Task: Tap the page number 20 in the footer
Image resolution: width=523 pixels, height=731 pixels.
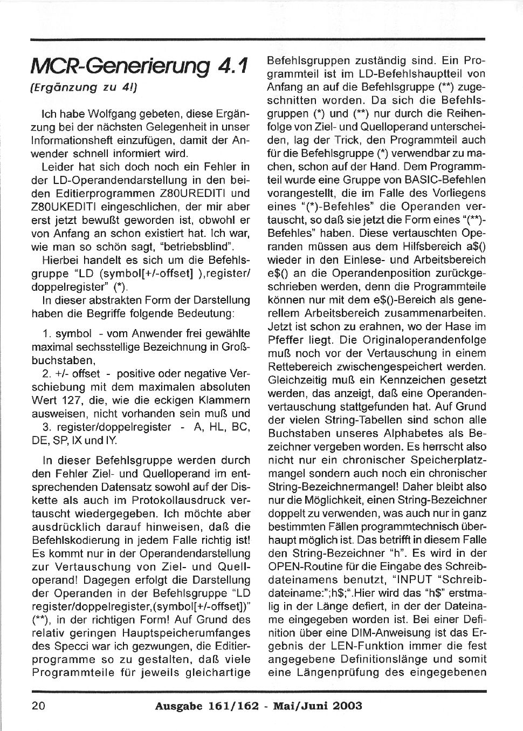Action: coord(38,706)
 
